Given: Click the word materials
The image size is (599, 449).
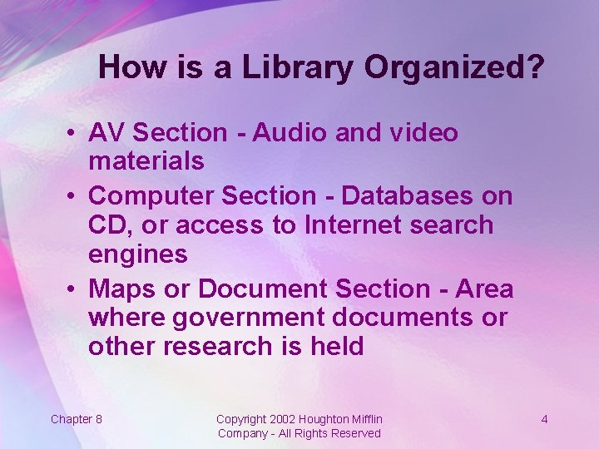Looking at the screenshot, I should tap(146, 160).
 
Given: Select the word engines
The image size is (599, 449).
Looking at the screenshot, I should tap(137, 254).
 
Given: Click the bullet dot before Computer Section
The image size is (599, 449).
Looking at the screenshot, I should tap(74, 197).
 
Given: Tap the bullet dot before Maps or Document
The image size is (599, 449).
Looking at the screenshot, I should tap(74, 290).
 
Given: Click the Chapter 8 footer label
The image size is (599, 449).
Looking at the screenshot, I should tap(77, 419).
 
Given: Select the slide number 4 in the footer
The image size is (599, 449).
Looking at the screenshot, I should tap(544, 419).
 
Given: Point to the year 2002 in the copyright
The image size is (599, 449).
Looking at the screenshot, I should tap(283, 419).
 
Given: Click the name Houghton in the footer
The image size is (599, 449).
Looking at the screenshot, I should tap(324, 419).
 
